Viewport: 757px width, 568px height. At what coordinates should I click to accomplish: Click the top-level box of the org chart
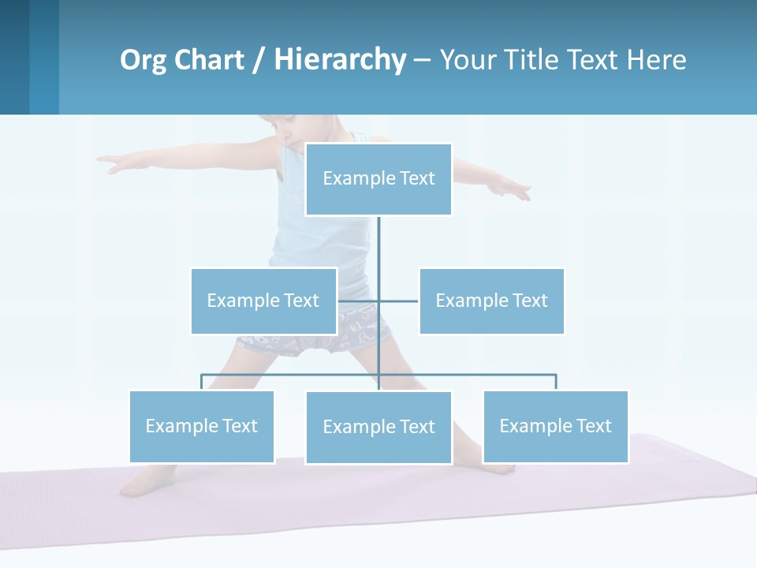(x=378, y=179)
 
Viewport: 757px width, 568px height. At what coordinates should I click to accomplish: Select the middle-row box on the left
(x=263, y=301)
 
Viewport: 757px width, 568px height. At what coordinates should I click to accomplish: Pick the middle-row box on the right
(x=491, y=301)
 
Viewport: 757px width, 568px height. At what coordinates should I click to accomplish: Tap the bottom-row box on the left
(x=202, y=426)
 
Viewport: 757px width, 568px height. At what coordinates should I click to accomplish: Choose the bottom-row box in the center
(x=378, y=427)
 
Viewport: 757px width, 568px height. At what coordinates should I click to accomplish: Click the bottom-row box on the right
(x=555, y=426)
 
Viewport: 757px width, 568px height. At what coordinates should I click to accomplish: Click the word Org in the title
(x=142, y=60)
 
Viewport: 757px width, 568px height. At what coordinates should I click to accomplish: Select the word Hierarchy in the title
(x=340, y=60)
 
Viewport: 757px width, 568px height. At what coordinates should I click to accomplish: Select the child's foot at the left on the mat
(x=142, y=483)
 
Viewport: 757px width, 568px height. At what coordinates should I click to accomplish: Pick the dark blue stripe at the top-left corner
(x=14, y=57)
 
